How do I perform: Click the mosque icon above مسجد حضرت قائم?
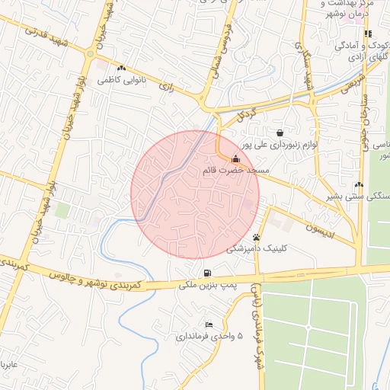234,159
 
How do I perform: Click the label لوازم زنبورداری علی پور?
279,143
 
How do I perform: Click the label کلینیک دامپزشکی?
255,248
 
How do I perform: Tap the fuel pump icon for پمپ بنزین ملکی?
207,273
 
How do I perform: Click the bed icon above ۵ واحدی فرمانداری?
209,324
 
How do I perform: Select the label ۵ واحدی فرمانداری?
209,335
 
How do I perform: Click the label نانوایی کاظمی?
121,79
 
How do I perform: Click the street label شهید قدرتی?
46,37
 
